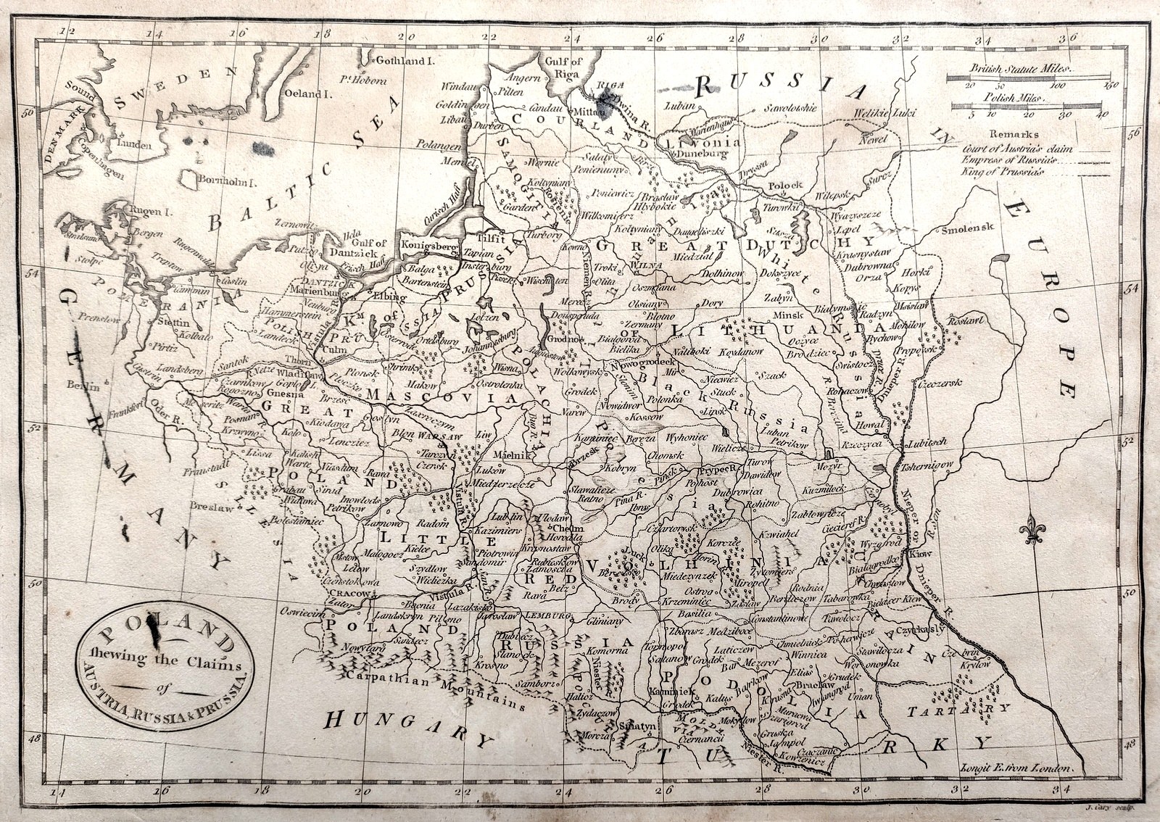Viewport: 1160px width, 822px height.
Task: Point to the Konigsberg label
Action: coord(431,246)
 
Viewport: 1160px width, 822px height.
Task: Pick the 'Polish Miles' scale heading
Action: coord(1014,96)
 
